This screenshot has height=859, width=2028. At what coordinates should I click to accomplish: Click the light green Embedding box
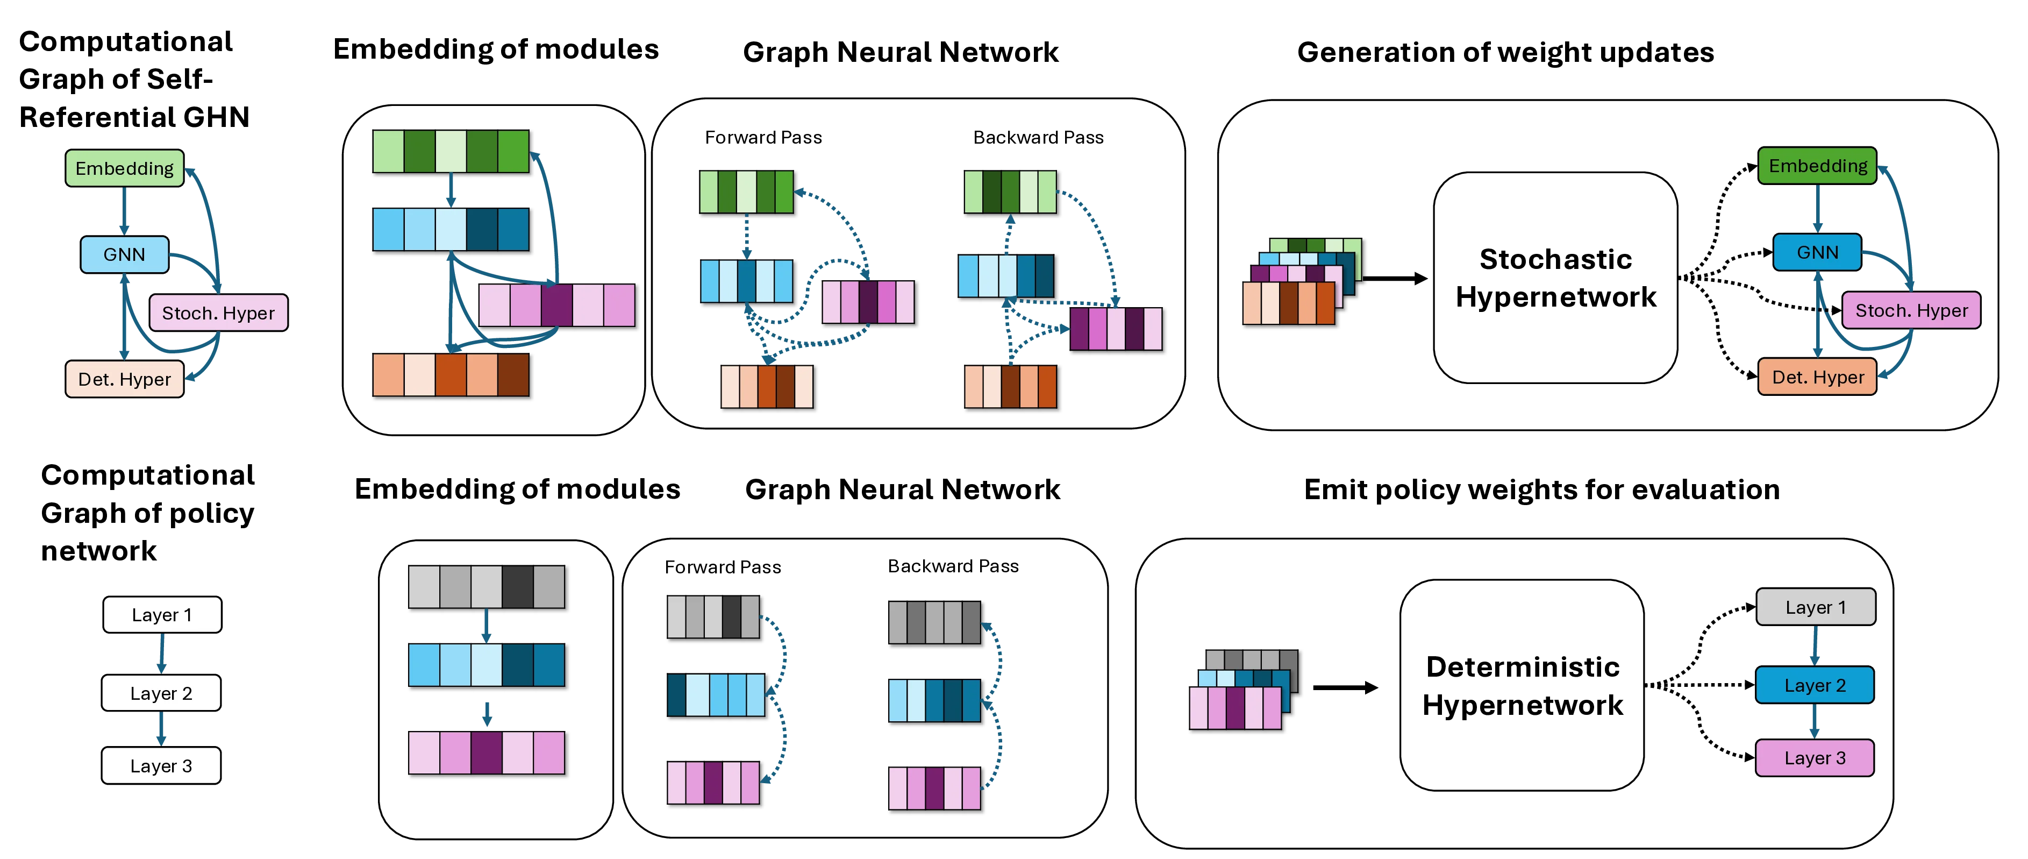tap(124, 168)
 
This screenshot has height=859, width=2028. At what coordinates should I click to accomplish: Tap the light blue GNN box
tap(124, 254)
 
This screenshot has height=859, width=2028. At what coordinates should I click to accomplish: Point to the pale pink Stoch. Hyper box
tap(218, 313)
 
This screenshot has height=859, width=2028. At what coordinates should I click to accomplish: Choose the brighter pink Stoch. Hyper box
tap(1911, 310)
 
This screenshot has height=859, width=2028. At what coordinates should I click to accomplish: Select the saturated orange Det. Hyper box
tap(1817, 377)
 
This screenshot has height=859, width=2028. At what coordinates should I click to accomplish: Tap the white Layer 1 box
tap(161, 615)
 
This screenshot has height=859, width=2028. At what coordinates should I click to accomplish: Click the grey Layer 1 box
tap(1815, 607)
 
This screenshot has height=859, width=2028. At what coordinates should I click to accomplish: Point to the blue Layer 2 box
tap(1815, 685)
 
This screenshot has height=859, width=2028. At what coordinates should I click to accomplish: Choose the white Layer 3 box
tap(161, 766)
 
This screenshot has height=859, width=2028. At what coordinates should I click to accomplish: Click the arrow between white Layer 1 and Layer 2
tap(161, 654)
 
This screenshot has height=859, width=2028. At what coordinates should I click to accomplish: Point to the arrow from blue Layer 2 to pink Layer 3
tap(1815, 722)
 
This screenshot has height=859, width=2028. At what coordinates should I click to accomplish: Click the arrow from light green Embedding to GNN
tap(124, 211)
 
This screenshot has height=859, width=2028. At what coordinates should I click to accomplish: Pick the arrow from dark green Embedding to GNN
tap(1818, 209)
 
